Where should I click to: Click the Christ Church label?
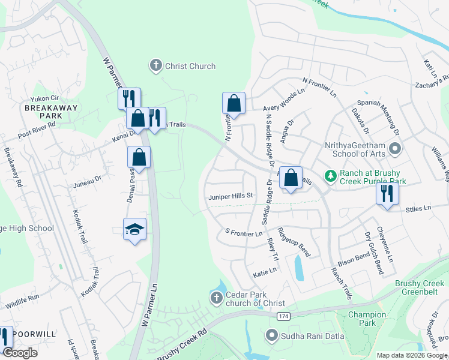(190, 66)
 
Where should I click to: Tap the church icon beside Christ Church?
(156, 65)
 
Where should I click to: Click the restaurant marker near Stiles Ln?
(387, 193)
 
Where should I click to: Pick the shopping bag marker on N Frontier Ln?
(234, 103)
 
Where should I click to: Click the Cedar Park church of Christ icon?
(217, 297)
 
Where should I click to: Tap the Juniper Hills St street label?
(232, 196)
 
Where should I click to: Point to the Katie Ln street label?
(265, 271)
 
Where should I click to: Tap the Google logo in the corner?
(21, 353)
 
